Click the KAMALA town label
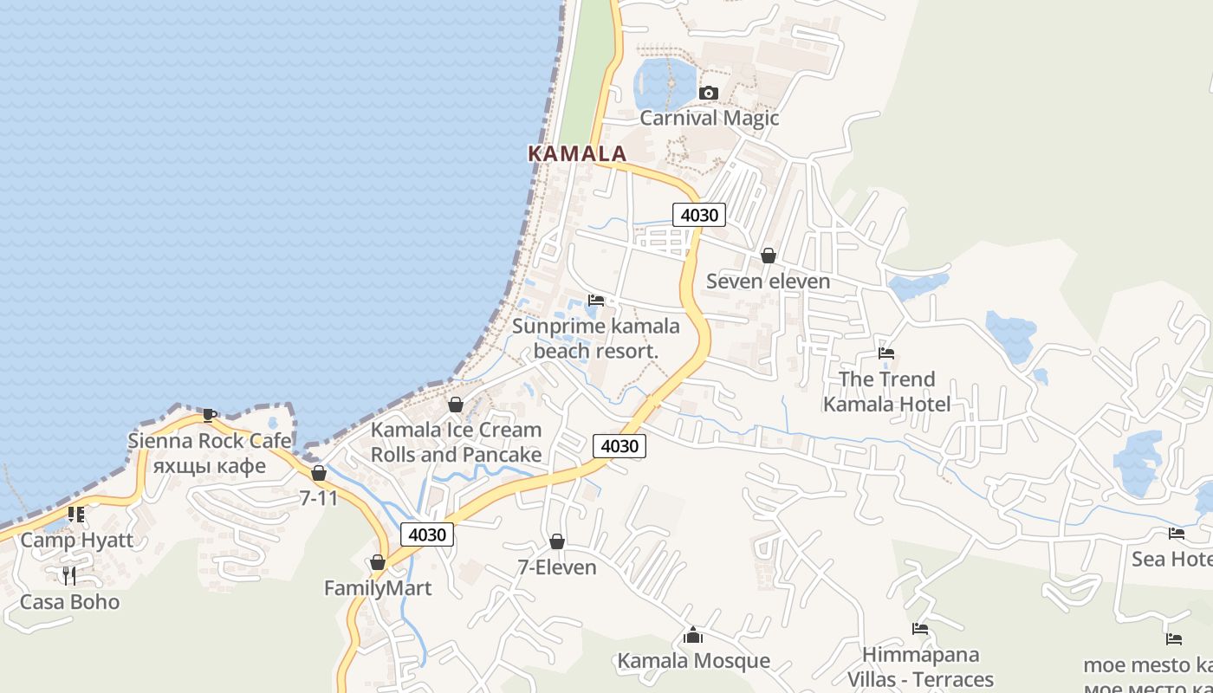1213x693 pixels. pos(577,153)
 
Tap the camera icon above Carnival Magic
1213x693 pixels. pos(708,93)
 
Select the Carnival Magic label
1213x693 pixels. pos(710,118)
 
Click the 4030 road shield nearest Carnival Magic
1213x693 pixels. pos(698,215)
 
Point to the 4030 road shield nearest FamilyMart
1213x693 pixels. pos(426,534)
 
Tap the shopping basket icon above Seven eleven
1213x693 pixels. pos(768,256)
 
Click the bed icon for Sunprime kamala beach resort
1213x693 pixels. pos(596,301)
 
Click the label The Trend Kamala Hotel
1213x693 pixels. pos(886,392)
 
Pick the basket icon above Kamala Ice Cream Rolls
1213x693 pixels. pos(456,405)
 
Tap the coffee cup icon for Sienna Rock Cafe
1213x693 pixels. pos(209,415)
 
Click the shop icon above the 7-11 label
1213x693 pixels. pos(319,473)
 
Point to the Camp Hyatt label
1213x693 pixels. pos(77,541)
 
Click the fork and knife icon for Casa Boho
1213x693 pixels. pos(69,575)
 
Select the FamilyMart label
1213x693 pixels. pos(378,588)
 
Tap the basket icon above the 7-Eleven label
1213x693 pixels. pos(557,541)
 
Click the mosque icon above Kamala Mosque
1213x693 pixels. pos(692,636)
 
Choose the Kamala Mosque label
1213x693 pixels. pos(693,661)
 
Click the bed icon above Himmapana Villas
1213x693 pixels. pos(920,629)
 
